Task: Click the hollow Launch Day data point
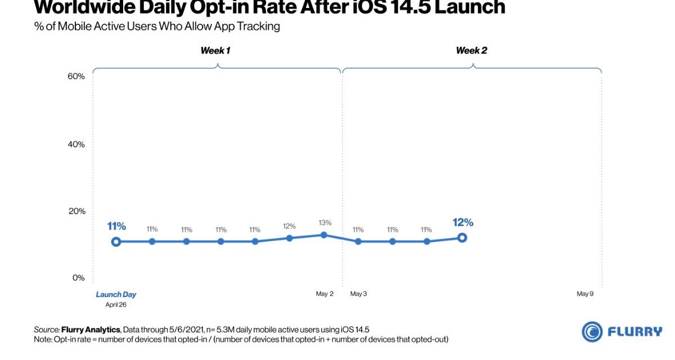pyautogui.click(x=116, y=242)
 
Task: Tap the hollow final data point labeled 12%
pyautogui.click(x=462, y=238)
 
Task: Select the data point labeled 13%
pyautogui.click(x=324, y=235)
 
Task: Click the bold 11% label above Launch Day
pyautogui.click(x=116, y=227)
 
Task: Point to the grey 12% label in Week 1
pyautogui.click(x=289, y=226)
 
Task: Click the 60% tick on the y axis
pyautogui.click(x=76, y=76)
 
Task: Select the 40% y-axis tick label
pyautogui.click(x=76, y=145)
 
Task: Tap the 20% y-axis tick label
pyautogui.click(x=76, y=211)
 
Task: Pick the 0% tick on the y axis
pyautogui.click(x=78, y=278)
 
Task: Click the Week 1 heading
pyautogui.click(x=215, y=51)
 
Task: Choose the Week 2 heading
pyautogui.click(x=471, y=51)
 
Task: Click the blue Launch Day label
pyautogui.click(x=116, y=294)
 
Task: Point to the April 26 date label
pyautogui.click(x=116, y=304)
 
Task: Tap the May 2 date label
pyautogui.click(x=325, y=294)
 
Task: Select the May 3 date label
pyautogui.click(x=358, y=294)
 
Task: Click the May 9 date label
pyautogui.click(x=585, y=294)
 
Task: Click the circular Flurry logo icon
pyautogui.click(x=592, y=332)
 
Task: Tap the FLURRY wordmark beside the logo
pyautogui.click(x=635, y=332)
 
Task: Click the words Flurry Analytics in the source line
pyautogui.click(x=90, y=329)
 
